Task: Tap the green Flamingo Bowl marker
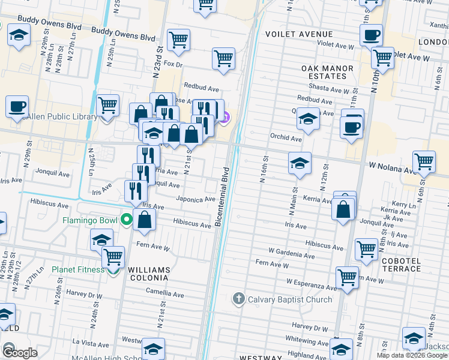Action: click(126, 220)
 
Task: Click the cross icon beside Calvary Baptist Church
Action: click(238, 299)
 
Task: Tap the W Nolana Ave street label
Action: click(393, 167)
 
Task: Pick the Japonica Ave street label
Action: click(195, 199)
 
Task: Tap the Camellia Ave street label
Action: click(165, 294)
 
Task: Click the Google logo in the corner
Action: click(19, 352)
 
